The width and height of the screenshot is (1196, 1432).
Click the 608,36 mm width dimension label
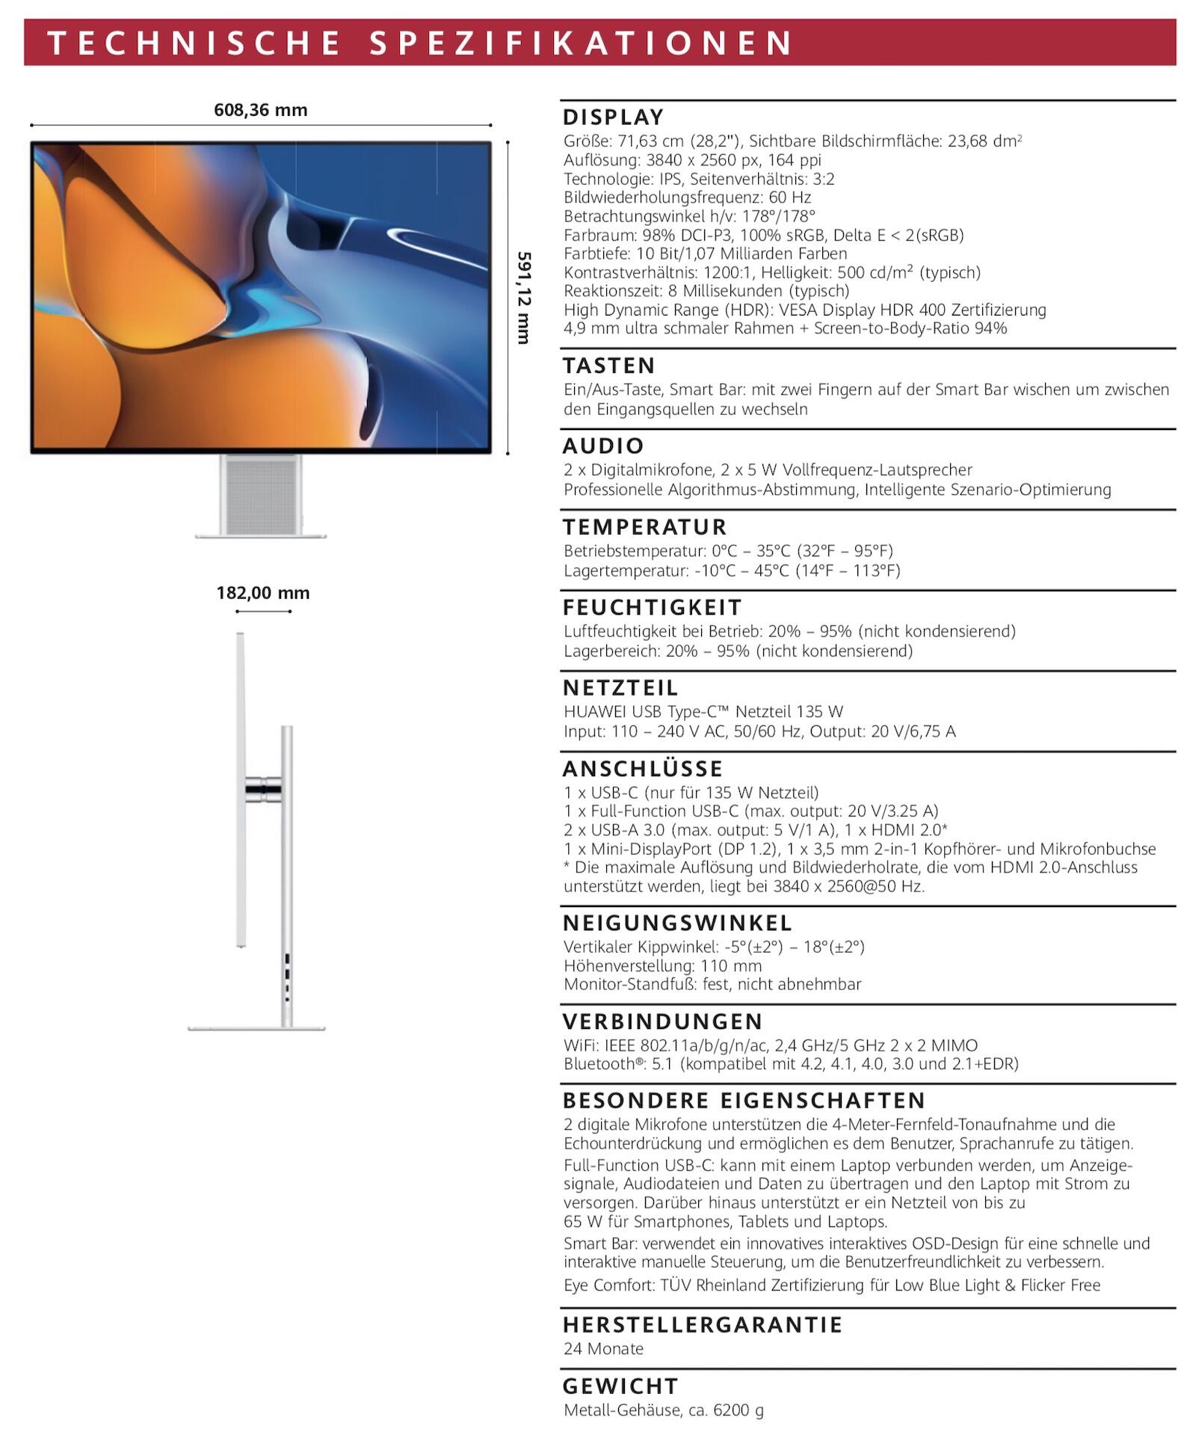[x=260, y=110]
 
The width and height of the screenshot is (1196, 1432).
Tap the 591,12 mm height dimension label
[x=523, y=298]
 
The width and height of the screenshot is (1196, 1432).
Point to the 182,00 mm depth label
[x=262, y=593]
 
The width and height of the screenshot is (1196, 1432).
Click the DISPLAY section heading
[x=613, y=117]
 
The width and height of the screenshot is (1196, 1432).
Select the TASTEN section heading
[x=608, y=366]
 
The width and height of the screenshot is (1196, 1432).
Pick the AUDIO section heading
[x=602, y=446]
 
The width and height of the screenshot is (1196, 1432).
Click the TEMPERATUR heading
[x=644, y=527]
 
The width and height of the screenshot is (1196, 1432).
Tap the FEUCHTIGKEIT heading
[x=652, y=607]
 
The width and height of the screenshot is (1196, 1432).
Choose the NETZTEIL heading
[x=620, y=688]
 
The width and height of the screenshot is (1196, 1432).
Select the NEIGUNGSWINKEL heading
[x=677, y=923]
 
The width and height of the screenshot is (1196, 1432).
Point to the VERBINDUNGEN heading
[x=662, y=1021]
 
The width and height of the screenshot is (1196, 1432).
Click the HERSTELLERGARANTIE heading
[x=703, y=1325]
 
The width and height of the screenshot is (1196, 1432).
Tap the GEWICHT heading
[x=620, y=1386]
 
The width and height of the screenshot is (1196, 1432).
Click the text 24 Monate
[x=603, y=1348]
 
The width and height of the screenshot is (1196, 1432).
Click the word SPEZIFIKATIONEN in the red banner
[x=581, y=43]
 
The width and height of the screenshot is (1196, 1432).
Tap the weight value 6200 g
[x=739, y=1410]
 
